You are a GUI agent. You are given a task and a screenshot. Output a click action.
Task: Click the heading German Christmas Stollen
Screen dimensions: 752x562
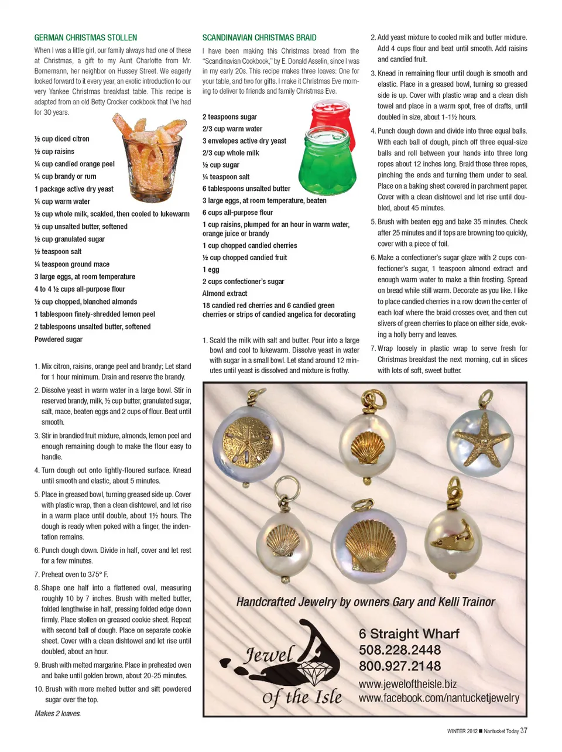tap(85, 37)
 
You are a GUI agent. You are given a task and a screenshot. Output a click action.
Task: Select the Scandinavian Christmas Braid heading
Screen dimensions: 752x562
tap(259, 37)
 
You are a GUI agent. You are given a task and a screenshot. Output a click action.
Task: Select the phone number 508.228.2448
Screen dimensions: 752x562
tap(400, 650)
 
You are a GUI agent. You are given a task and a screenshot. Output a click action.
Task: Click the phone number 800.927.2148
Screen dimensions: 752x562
tap(400, 666)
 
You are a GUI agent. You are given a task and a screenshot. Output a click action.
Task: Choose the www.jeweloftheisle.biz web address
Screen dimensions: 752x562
tap(407, 684)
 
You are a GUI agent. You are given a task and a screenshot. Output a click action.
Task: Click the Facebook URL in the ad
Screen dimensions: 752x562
tap(438, 698)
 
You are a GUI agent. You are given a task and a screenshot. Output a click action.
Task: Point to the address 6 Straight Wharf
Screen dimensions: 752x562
tap(409, 634)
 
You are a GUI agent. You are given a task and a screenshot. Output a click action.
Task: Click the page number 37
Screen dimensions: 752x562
tap(523, 731)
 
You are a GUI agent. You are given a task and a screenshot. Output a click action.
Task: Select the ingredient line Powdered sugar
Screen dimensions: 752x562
tap(59, 340)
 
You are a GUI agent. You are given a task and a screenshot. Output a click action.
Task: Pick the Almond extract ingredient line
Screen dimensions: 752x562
tap(225, 293)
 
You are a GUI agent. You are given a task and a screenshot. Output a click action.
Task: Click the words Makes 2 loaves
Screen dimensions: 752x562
tap(58, 713)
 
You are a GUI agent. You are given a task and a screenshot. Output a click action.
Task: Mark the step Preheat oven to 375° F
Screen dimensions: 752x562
tap(74, 575)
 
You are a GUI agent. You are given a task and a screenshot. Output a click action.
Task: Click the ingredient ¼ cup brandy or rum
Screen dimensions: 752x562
tap(66, 176)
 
